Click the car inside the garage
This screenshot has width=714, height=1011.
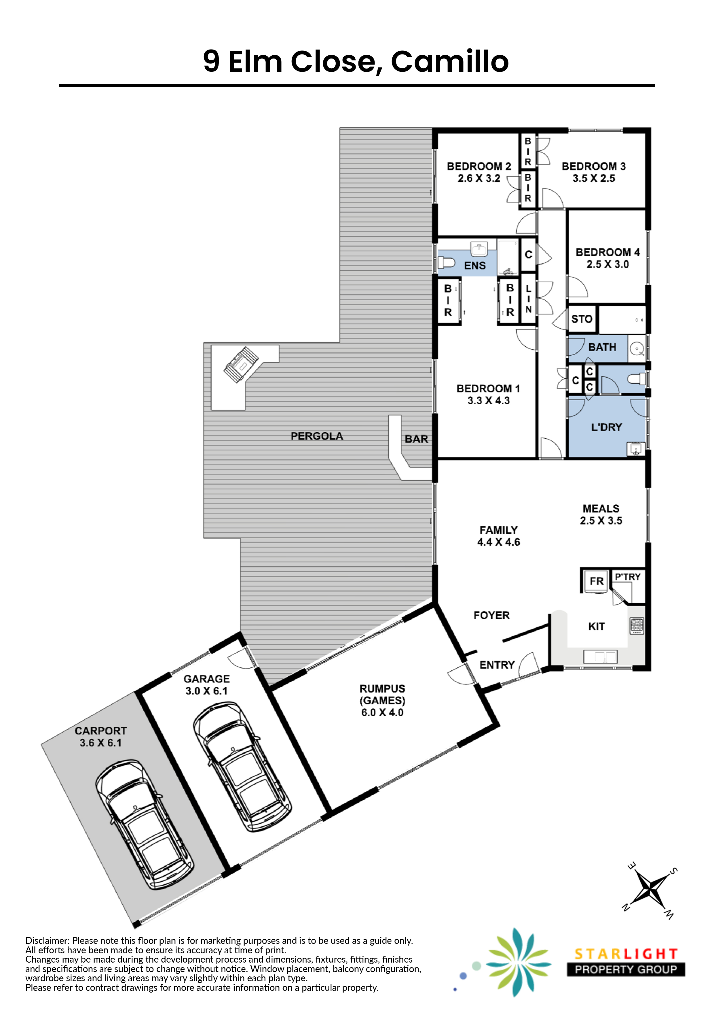(x=242, y=767)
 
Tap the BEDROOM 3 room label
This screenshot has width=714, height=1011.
(x=593, y=167)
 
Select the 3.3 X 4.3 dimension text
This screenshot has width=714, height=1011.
(x=488, y=401)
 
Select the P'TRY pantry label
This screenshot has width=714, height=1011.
(x=627, y=577)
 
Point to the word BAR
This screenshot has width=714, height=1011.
(x=416, y=439)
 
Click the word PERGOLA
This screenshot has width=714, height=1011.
(x=317, y=436)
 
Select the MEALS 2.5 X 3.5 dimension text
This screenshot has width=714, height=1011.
(x=601, y=514)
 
